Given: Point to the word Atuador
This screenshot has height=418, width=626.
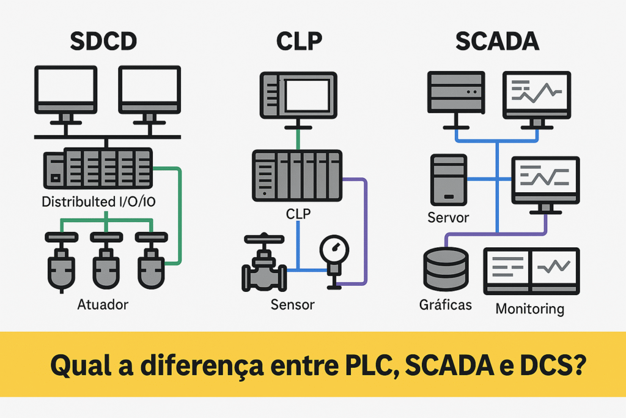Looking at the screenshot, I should [103, 304].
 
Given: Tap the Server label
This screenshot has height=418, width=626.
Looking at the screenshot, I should [448, 217].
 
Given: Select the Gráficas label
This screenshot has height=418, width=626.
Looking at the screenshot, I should [446, 304].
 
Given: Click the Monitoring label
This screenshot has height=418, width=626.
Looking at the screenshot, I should [529, 308].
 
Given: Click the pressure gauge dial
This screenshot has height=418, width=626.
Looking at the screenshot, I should [334, 249].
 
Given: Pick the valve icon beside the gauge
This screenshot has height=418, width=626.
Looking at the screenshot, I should [263, 267].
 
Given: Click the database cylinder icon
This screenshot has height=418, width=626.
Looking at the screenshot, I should [446, 269].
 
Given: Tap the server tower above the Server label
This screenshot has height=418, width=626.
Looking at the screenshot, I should [449, 179].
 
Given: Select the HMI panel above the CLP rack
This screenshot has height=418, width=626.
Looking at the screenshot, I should [298, 94].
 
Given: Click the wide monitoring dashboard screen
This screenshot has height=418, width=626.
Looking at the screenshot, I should [531, 270].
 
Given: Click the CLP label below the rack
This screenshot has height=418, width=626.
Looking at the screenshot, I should [298, 214].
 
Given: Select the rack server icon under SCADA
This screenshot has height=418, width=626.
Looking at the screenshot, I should [456, 92].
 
